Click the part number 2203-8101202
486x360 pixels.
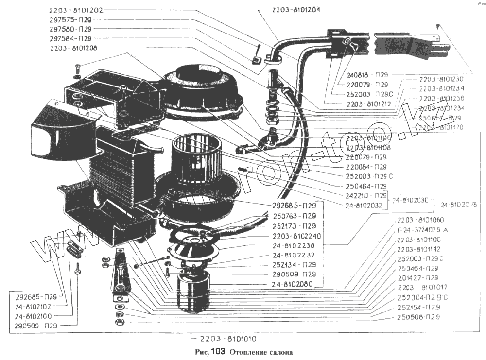pos(76,10)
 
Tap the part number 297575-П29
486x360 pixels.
pos(70,20)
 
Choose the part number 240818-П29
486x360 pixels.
pos(367,75)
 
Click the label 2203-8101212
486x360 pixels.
pos(369,104)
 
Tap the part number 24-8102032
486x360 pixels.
pos(366,205)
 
